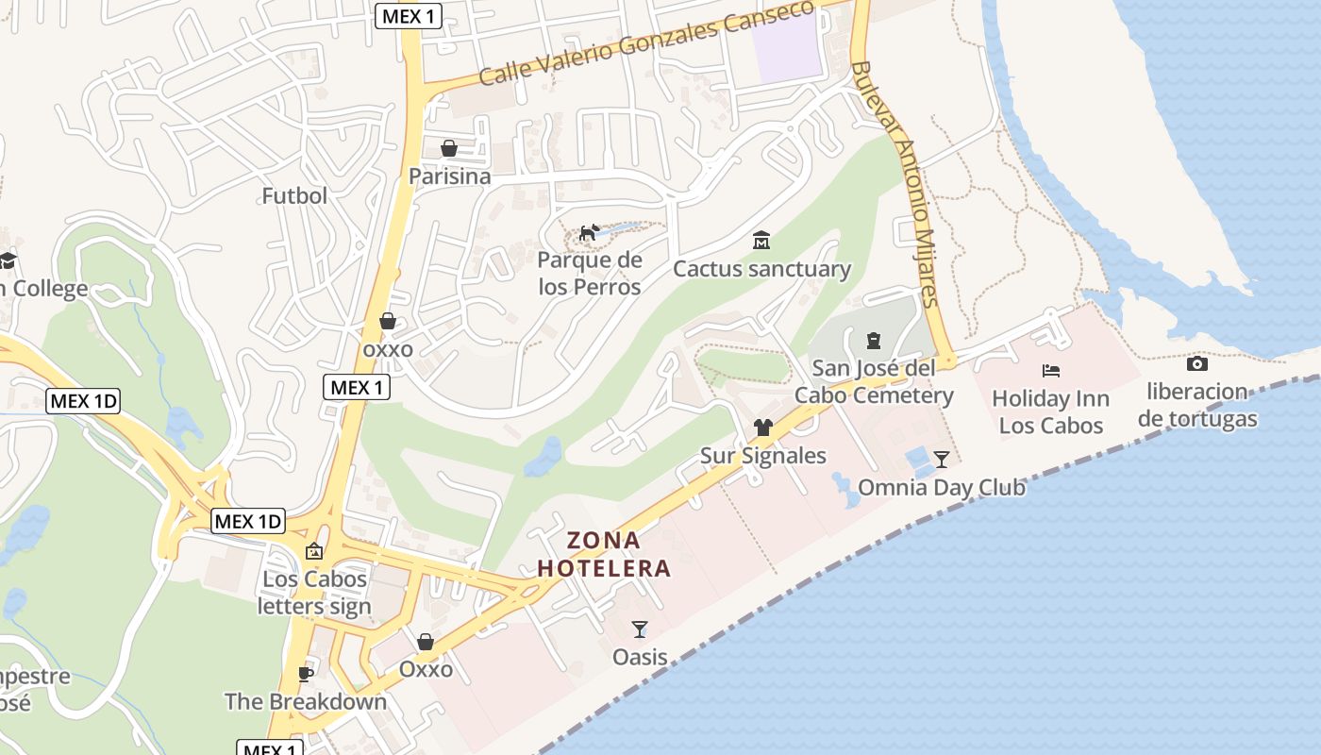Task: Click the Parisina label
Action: click(449, 176)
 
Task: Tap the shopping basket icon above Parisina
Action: click(449, 149)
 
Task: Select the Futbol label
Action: click(294, 196)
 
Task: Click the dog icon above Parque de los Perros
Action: click(590, 232)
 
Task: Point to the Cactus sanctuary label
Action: click(761, 269)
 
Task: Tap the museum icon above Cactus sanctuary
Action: click(761, 241)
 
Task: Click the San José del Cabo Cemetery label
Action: click(874, 381)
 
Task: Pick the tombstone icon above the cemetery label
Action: click(874, 340)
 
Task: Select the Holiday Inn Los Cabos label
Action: click(1050, 412)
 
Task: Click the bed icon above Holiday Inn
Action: click(1051, 371)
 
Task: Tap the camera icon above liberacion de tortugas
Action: click(1197, 363)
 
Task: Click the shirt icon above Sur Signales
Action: click(763, 428)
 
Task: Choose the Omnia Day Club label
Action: click(941, 488)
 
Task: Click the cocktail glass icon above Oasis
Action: click(640, 629)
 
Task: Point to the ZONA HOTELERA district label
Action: click(604, 555)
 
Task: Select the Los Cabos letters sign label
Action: click(314, 593)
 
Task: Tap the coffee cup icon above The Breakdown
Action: click(305, 674)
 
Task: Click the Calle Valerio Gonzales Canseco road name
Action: click(645, 42)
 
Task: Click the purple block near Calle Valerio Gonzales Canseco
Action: click(789, 47)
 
